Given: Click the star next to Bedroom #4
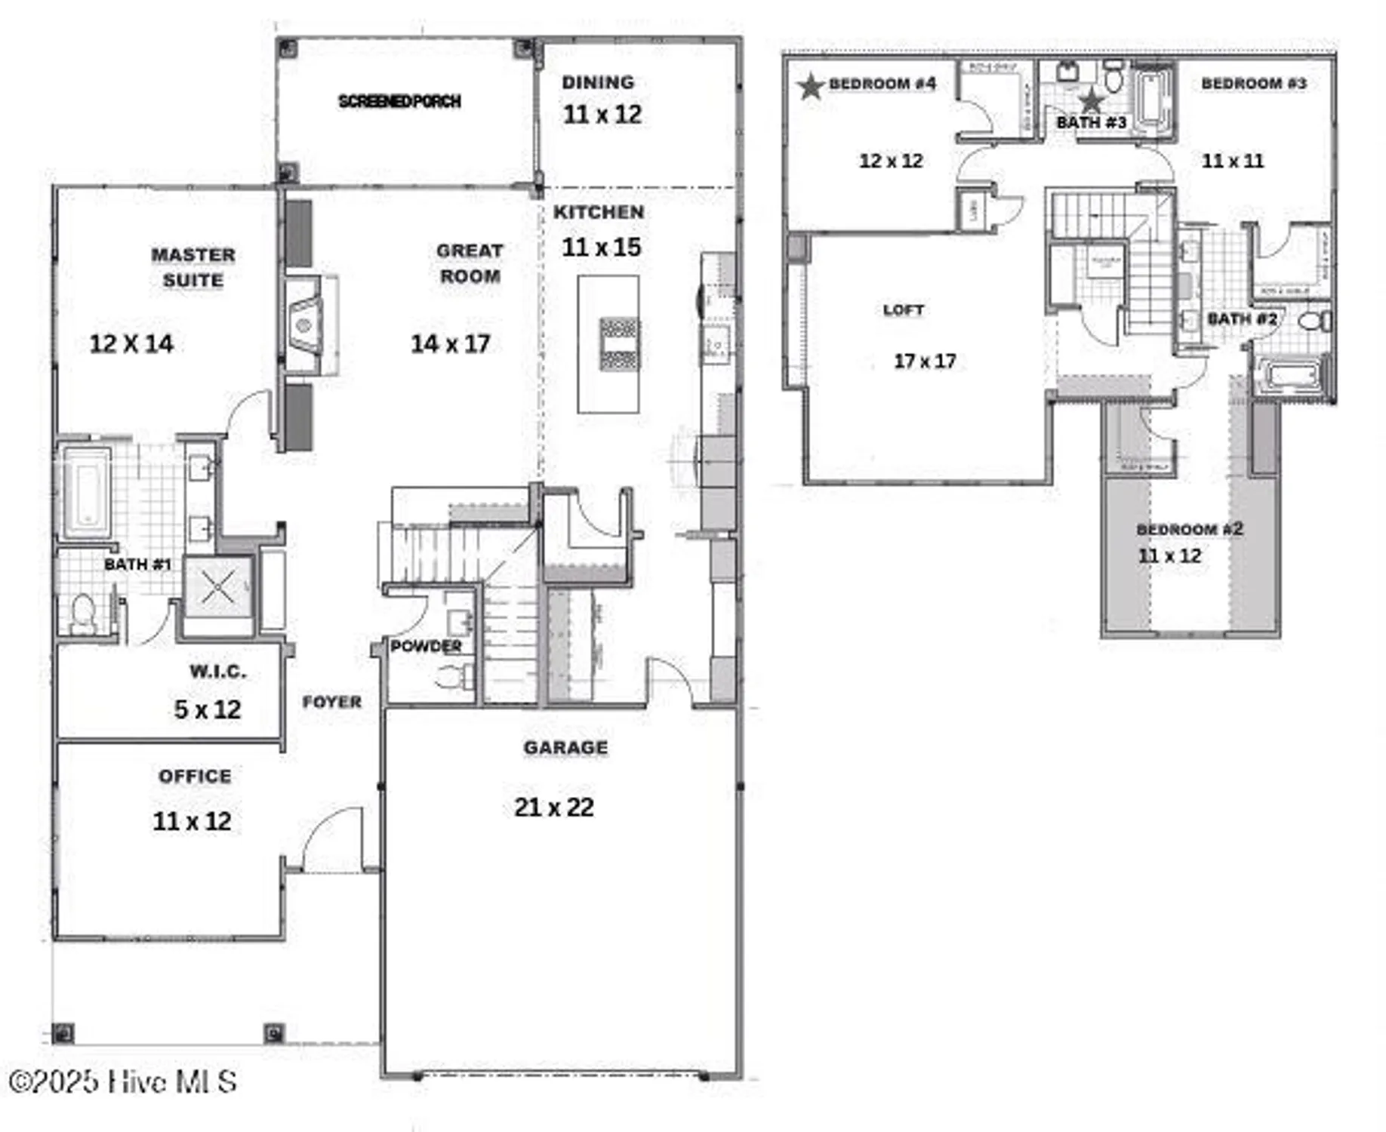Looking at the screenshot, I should pos(810,86).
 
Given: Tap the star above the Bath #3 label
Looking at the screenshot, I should pos(1091,100).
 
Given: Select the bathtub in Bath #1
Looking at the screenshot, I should pos(87,491).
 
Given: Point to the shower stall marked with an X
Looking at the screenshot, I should pos(218,586).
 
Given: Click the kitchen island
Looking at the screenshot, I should pos(608,344).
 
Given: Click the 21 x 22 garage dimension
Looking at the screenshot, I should pos(553,807).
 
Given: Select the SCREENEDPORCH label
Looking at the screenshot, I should pos(399,101).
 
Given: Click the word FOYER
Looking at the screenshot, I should pos(331,702).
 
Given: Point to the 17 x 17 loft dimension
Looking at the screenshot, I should pos(924,361).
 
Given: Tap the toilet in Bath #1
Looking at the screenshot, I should pos(82,613).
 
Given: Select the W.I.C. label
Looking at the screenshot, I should pos(217,671).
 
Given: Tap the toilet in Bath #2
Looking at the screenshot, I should pos(1314,321).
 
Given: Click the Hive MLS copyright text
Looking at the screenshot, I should pos(123,1081).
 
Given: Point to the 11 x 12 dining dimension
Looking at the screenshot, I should pos(602,115).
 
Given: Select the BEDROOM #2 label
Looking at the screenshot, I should pos(1189,529).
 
